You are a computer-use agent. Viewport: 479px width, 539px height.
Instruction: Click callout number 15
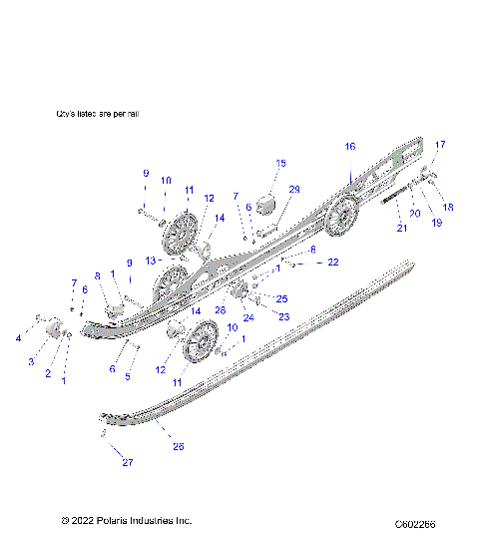280,163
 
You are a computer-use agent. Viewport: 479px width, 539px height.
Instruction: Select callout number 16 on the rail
350,146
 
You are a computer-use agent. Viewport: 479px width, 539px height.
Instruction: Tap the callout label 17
440,145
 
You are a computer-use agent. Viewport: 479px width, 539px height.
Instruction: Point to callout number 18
448,207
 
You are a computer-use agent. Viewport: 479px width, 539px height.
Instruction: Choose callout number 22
333,263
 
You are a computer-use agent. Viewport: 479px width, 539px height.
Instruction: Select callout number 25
282,298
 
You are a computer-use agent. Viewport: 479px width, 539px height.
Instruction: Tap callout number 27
127,462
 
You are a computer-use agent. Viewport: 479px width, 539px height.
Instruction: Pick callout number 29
294,189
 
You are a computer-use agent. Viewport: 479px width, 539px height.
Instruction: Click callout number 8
98,275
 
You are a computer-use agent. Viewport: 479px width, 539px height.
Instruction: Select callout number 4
17,338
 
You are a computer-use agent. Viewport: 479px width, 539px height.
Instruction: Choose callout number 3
31,360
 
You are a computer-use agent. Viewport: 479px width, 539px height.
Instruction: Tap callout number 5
127,376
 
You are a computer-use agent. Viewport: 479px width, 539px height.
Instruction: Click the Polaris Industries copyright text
126,520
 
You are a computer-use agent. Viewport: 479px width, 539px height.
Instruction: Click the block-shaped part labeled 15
266,203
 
